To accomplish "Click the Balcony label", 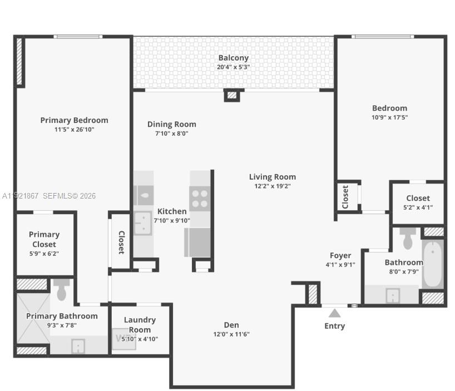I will click(233, 58).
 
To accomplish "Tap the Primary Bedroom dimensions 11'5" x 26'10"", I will click(74, 130).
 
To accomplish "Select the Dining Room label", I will click(171, 125).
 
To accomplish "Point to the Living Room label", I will click(272, 177).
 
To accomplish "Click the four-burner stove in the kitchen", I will click(200, 198).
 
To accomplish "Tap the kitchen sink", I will click(143, 222).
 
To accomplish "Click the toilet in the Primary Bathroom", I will click(62, 289).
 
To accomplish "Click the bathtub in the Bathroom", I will click(432, 263).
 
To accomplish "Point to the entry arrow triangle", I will click(334, 314).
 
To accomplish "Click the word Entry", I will click(334, 326).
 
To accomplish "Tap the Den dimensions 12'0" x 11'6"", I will click(231, 334).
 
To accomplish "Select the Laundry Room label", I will click(140, 325).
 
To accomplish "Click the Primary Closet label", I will click(44, 239).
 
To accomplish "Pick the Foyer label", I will click(340, 256).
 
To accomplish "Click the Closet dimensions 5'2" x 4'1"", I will click(418, 207).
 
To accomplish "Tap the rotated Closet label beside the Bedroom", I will click(345, 197).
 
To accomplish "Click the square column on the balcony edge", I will click(232, 95).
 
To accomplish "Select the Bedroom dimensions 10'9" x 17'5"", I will click(389, 117).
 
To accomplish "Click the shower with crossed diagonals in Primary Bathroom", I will click(33, 318).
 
